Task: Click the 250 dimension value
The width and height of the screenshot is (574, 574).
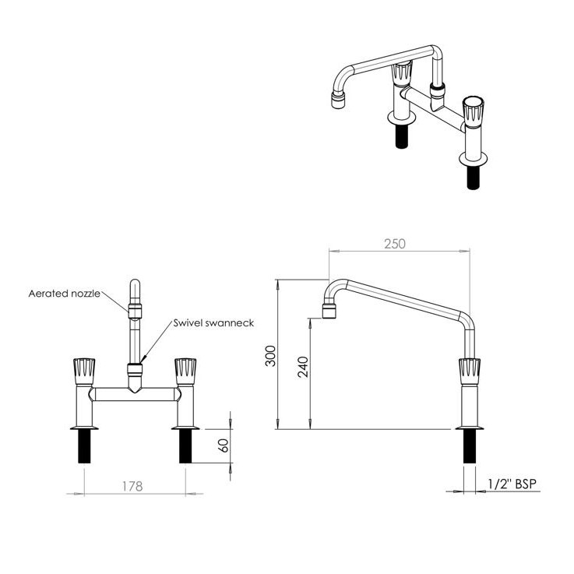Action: pyautogui.click(x=395, y=243)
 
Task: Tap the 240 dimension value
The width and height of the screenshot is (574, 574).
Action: pyautogui.click(x=303, y=366)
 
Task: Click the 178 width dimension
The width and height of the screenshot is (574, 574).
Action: pyautogui.click(x=132, y=486)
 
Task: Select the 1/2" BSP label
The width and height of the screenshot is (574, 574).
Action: pyautogui.click(x=511, y=484)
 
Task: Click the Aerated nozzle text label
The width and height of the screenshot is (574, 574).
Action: pyautogui.click(x=64, y=294)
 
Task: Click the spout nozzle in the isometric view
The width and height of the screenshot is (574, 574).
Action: pyautogui.click(x=338, y=101)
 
